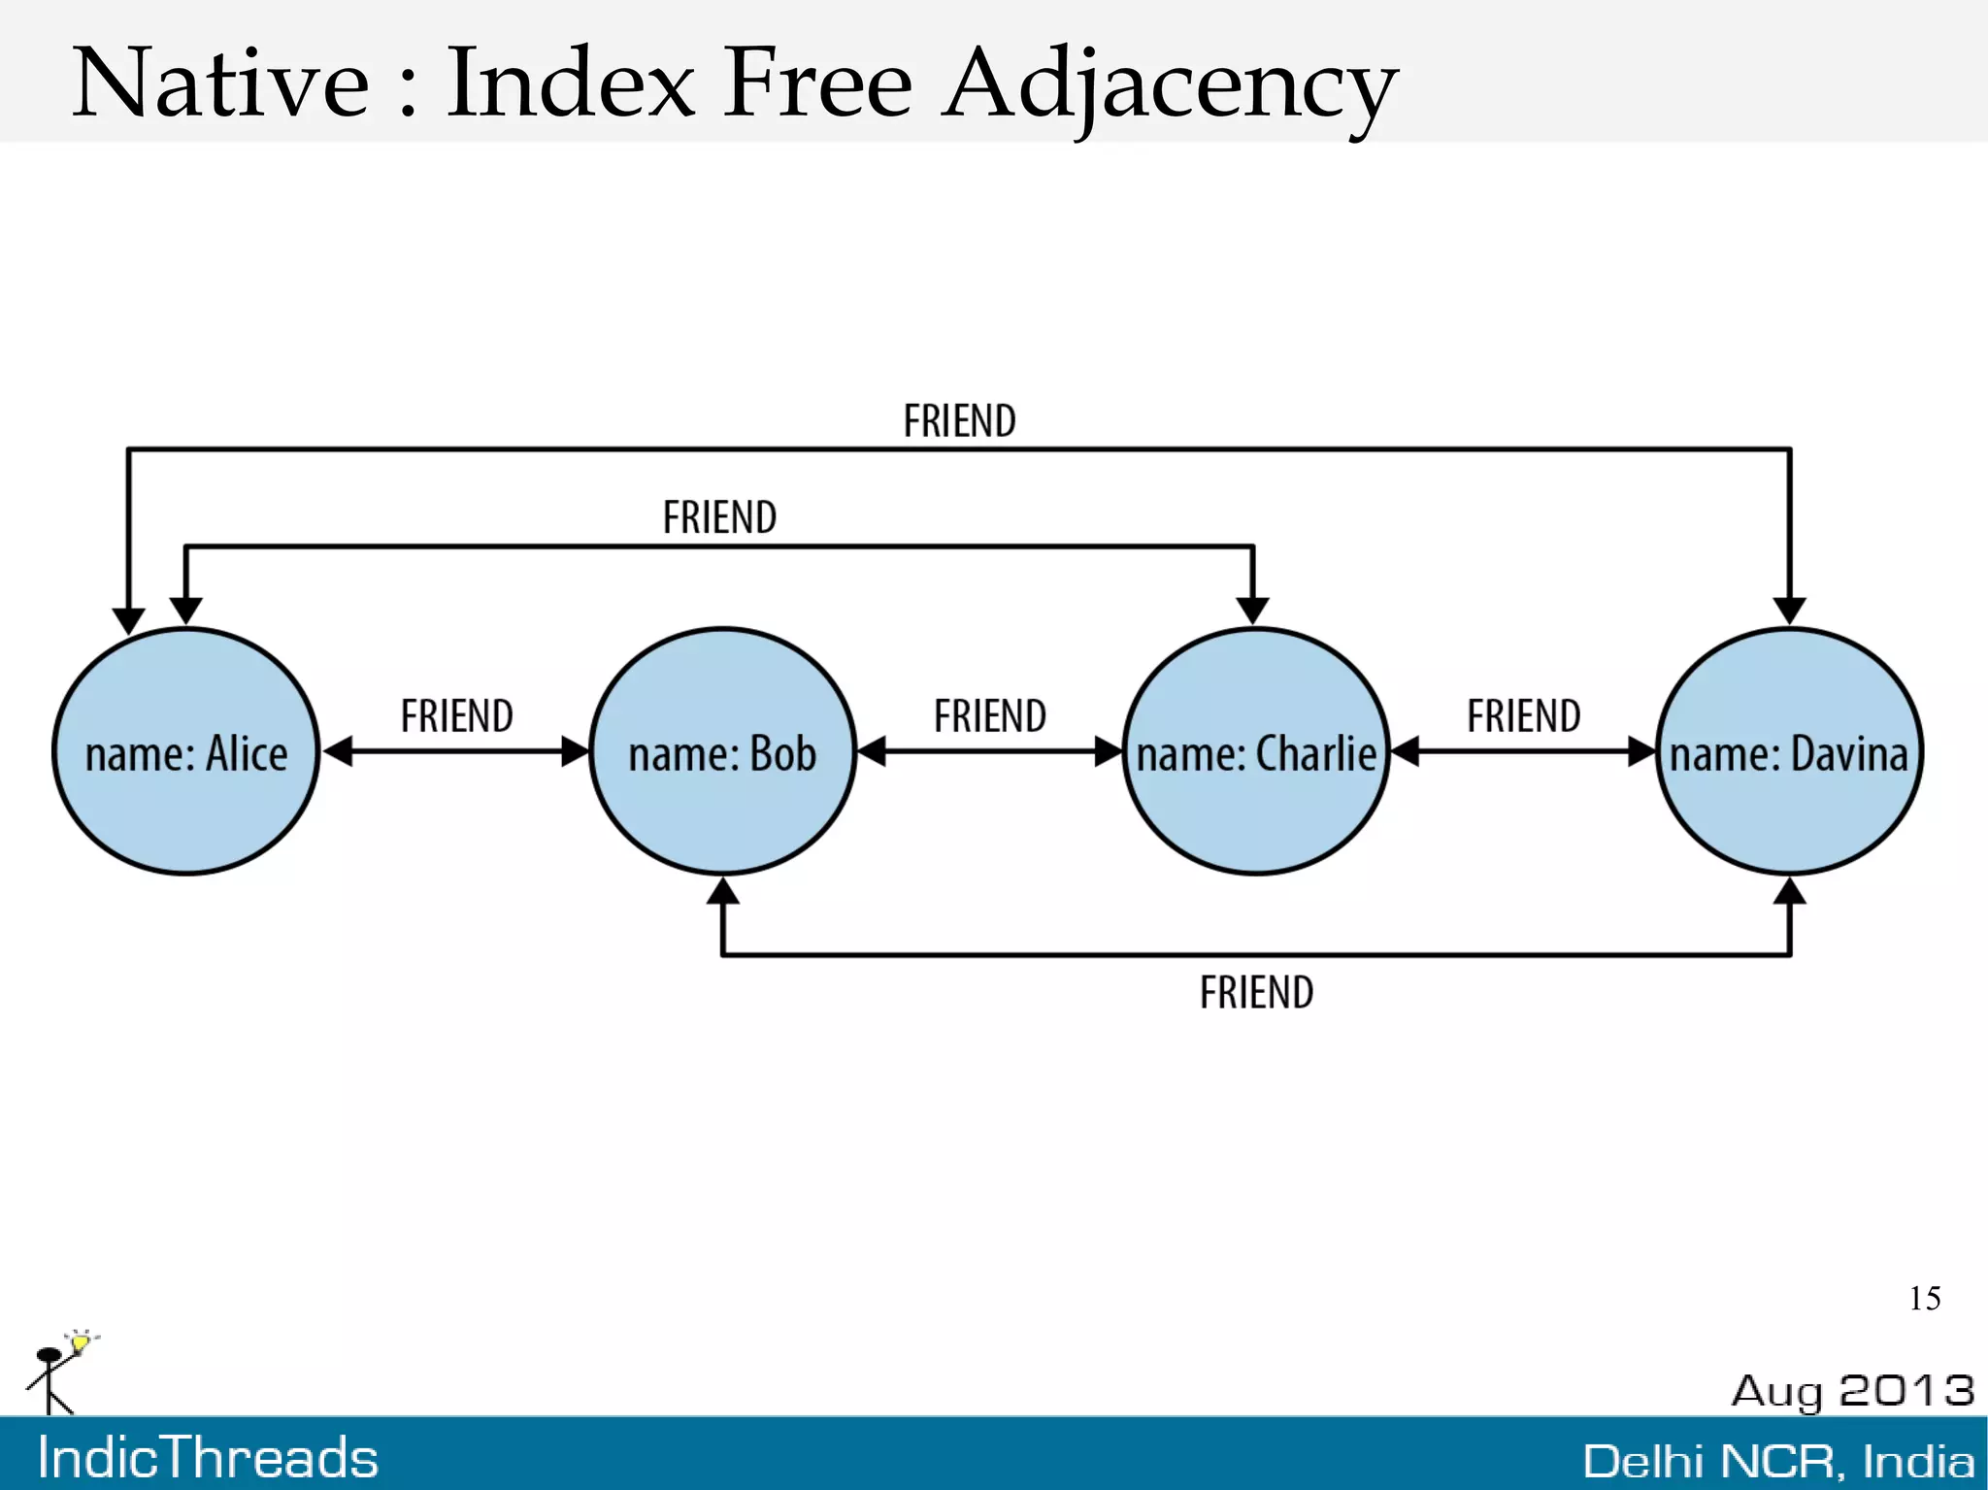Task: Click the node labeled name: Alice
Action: coord(185,752)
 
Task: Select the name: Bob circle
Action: coord(722,752)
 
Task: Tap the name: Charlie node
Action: coord(1256,752)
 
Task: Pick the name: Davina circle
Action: coord(1788,752)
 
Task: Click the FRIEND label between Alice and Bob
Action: coord(456,716)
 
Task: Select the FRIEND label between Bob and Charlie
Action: coord(989,716)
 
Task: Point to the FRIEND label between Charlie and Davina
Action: coord(1523,716)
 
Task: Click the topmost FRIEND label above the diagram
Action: coord(959,421)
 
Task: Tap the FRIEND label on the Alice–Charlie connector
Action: coord(719,517)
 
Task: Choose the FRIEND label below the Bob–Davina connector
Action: coord(1256,993)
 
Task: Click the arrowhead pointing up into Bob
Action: coord(722,891)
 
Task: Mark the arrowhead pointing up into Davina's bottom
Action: coord(1789,891)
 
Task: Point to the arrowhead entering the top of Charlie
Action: coord(1253,611)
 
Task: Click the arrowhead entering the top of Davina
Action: coord(1789,611)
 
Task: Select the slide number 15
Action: coord(1924,1299)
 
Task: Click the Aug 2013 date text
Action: coord(1852,1391)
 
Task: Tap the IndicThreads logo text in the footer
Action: coord(208,1458)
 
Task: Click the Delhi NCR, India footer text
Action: coord(1778,1461)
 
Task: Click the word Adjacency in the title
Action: coord(1170,85)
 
